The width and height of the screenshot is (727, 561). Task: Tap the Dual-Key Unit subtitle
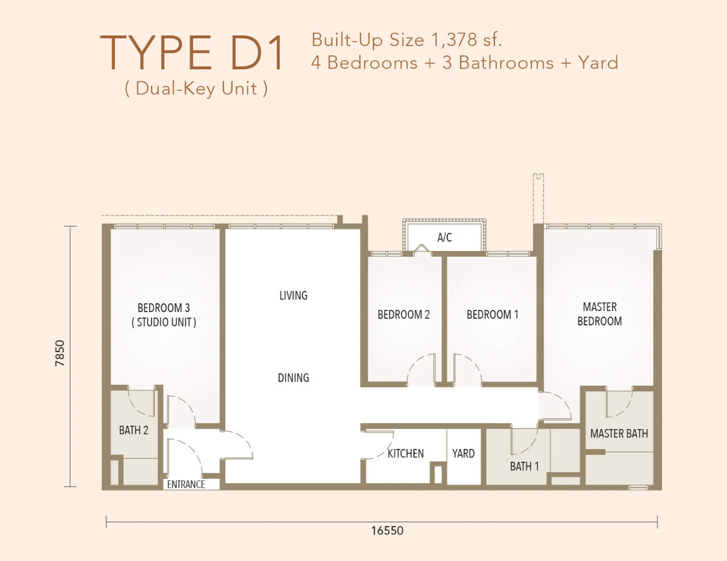coord(196,89)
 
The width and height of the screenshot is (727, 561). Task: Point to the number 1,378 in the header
coord(454,40)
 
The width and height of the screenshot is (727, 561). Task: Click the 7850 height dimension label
coord(60,353)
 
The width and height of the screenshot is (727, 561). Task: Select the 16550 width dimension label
coord(387,530)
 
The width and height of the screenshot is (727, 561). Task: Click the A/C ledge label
coord(445,238)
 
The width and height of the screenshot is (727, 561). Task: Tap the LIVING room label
coord(293,295)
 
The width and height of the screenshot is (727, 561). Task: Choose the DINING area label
coord(293,378)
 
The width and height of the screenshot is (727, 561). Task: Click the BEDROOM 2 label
coord(403,314)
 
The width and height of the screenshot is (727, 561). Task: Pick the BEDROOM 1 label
coord(492,314)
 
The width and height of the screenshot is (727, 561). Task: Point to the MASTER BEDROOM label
coord(600,314)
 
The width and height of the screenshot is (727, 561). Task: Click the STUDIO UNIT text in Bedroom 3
coord(164,322)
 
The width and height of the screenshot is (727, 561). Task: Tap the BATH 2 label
coord(133,430)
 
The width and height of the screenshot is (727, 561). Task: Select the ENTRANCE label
coord(186,484)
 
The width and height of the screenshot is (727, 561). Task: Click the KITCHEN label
coord(406,454)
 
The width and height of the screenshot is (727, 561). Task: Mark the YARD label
coord(463,454)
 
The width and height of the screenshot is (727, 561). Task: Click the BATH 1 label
coord(524,467)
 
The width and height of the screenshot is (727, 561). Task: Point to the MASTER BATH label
coord(619,434)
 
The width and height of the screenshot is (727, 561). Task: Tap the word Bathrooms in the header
coord(506,63)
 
